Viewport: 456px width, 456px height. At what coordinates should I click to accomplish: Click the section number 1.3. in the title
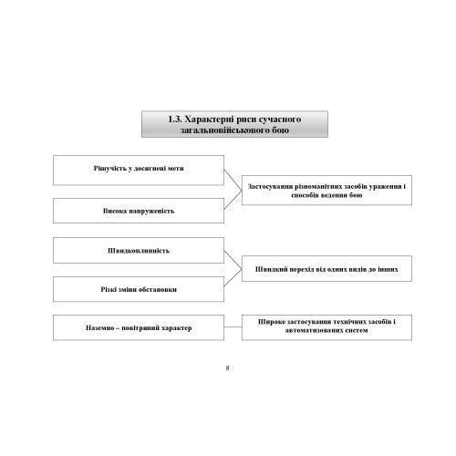(x=175, y=119)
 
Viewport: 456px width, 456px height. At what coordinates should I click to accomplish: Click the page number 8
(x=227, y=368)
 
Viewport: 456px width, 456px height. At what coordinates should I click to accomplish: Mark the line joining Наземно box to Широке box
(x=233, y=327)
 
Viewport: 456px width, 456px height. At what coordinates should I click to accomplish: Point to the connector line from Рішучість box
(x=233, y=180)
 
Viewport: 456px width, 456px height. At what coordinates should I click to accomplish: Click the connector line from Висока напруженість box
(x=233, y=200)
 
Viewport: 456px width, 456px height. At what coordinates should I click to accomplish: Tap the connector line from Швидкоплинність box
(x=233, y=260)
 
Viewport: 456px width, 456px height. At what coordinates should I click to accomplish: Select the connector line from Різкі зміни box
(x=233, y=277)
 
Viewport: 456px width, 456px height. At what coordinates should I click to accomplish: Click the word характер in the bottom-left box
(x=177, y=328)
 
